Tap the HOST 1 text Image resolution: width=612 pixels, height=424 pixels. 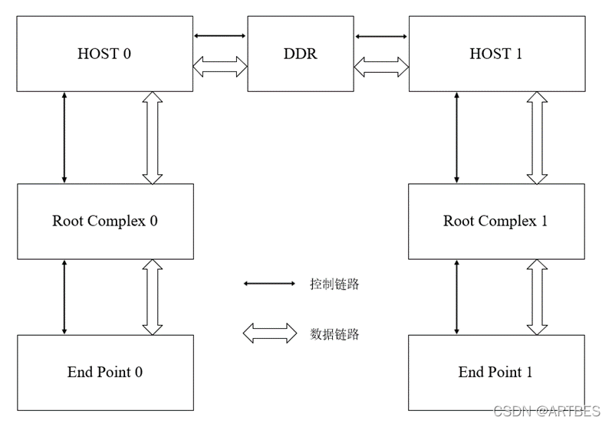coord(495,54)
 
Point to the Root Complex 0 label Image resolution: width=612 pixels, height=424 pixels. coord(105,221)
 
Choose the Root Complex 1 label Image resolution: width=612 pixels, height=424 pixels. coord(495,221)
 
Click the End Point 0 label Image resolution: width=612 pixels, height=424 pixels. coord(105,372)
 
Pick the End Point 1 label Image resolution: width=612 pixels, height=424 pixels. coord(495,372)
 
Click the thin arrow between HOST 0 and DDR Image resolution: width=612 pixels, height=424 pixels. coord(219,35)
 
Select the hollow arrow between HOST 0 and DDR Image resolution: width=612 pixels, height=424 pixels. coord(219,67)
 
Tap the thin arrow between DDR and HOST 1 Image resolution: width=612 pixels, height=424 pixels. coord(380,35)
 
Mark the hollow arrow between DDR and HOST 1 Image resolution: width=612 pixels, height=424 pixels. coord(380,67)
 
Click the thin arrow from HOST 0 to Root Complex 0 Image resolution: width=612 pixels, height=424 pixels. coord(64,137)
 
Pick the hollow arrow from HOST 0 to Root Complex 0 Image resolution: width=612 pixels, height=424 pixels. coord(153,137)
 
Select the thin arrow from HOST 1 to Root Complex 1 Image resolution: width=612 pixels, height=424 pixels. coord(456,137)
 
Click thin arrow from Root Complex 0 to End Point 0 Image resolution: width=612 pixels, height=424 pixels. coord(64,297)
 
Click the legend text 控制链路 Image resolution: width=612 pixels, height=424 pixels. coord(335,284)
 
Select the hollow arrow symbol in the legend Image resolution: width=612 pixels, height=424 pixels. coord(269,334)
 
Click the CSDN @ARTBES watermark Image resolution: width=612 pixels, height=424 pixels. coord(546,412)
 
